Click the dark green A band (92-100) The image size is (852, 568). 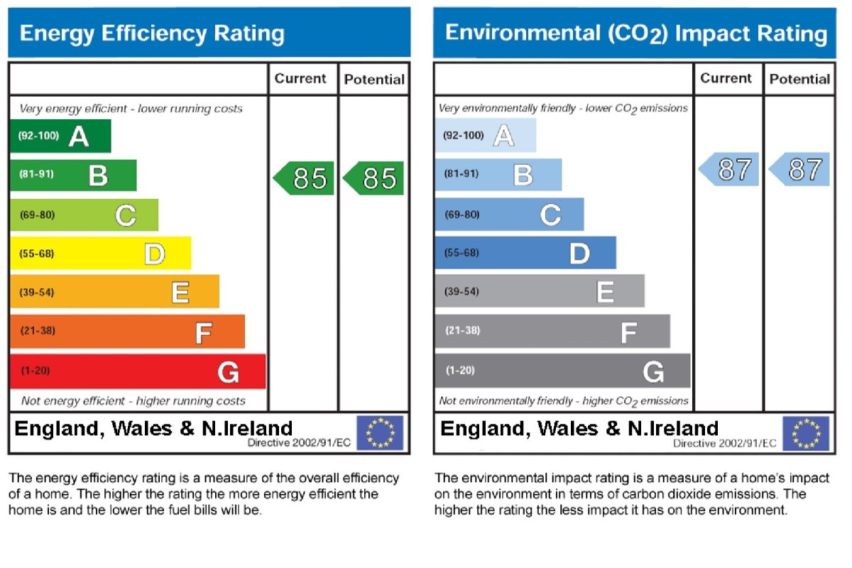[60, 136]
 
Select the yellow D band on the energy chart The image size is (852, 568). [100, 253]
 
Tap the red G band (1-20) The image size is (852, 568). [138, 371]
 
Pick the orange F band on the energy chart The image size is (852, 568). [127, 332]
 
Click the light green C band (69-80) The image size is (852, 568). [84, 214]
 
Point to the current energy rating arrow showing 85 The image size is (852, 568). [304, 178]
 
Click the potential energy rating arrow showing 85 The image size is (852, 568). [373, 178]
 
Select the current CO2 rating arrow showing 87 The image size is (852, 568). [729, 170]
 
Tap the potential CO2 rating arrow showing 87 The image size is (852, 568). [799, 170]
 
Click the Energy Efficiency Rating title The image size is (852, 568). [152, 33]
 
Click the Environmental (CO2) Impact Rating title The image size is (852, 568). [635, 33]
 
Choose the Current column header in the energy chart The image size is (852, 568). [300, 79]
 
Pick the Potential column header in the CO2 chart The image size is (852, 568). [799, 79]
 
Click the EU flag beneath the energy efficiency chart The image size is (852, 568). [380, 433]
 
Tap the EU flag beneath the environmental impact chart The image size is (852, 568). [806, 433]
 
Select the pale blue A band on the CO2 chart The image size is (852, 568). [486, 136]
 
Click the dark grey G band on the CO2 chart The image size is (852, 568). [562, 371]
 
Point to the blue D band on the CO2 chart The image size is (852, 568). [525, 253]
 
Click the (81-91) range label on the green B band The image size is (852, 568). [35, 174]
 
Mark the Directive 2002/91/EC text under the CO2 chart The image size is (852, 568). [724, 443]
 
